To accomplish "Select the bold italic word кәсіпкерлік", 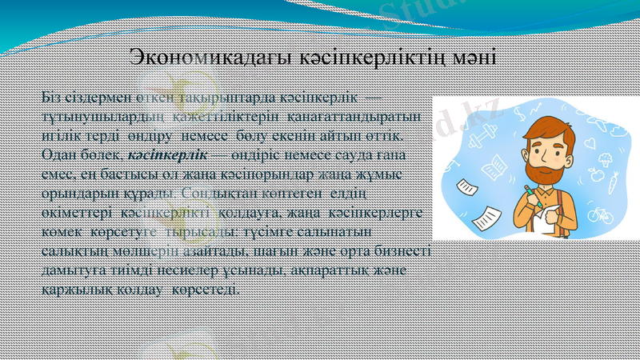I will [x=167, y=154].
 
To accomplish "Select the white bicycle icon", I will [x=598, y=214].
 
